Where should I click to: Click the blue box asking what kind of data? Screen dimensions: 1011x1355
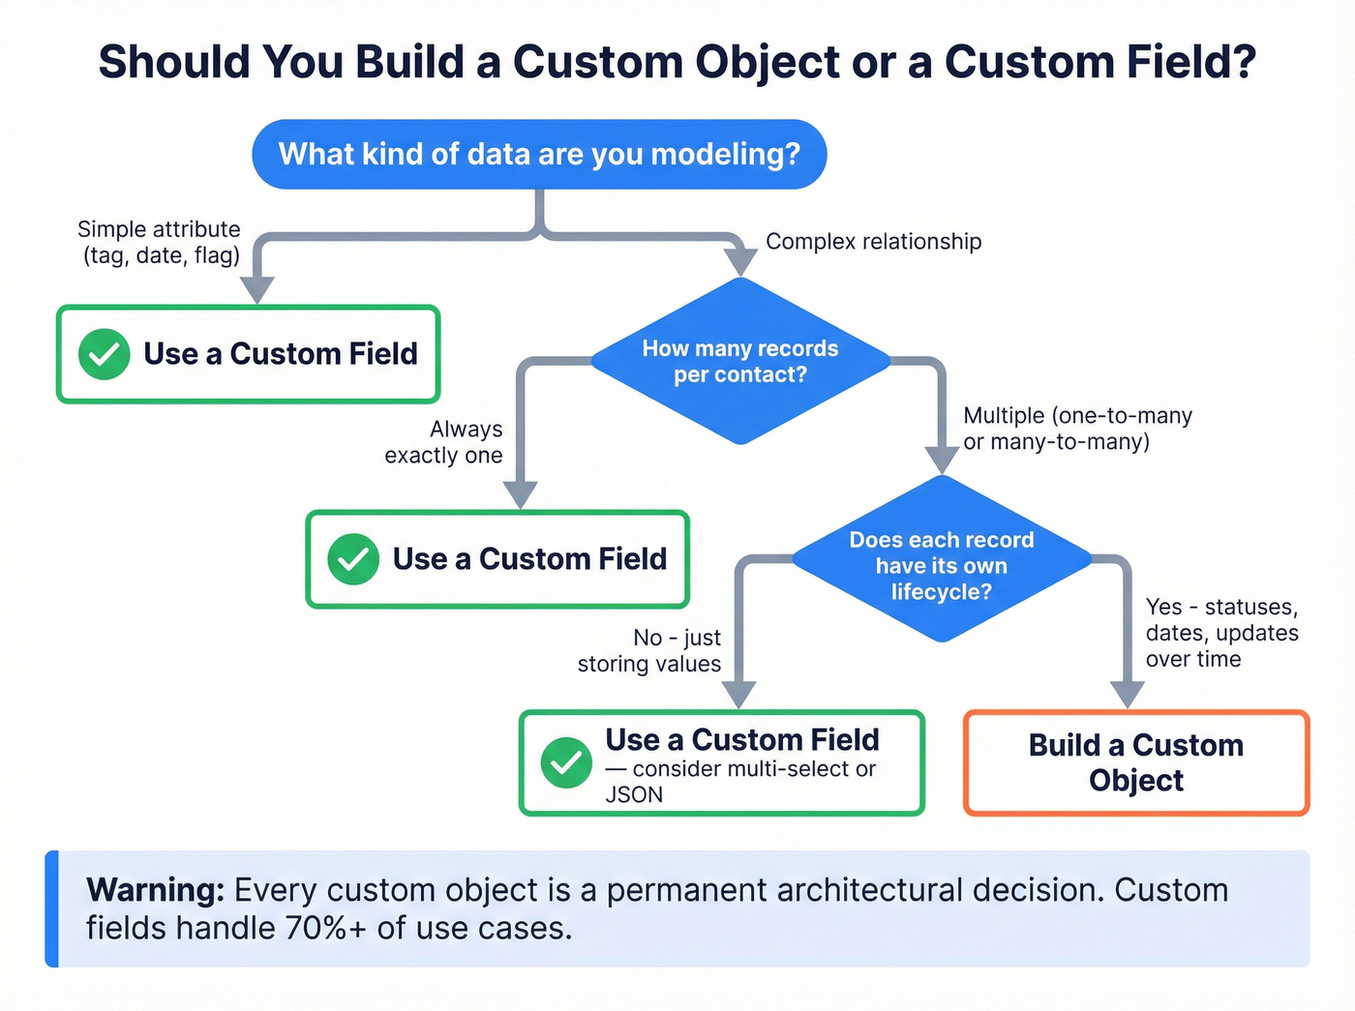point(539,155)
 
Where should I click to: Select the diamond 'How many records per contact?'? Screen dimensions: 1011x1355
point(740,361)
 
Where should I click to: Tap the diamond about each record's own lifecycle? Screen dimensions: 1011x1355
point(942,565)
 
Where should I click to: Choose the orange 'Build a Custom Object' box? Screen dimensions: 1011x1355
point(1136,763)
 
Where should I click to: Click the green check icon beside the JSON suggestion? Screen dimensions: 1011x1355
point(566,763)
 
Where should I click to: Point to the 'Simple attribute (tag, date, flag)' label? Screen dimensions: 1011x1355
point(160,242)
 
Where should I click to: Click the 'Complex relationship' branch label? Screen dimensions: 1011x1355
point(873,242)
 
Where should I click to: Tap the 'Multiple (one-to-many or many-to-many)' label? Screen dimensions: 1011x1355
point(1076,429)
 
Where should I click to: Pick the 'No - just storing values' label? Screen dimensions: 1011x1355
point(649,650)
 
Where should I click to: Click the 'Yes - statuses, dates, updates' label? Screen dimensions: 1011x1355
point(1221,633)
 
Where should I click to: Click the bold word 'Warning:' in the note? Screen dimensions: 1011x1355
point(156,890)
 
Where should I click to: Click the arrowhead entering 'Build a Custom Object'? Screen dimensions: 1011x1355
point(1128,694)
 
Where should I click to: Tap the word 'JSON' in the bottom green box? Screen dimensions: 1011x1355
point(634,795)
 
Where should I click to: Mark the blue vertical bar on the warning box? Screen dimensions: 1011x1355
point(52,908)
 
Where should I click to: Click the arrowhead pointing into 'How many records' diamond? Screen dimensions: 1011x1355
point(740,260)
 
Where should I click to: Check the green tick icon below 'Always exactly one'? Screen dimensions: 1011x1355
point(353,559)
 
